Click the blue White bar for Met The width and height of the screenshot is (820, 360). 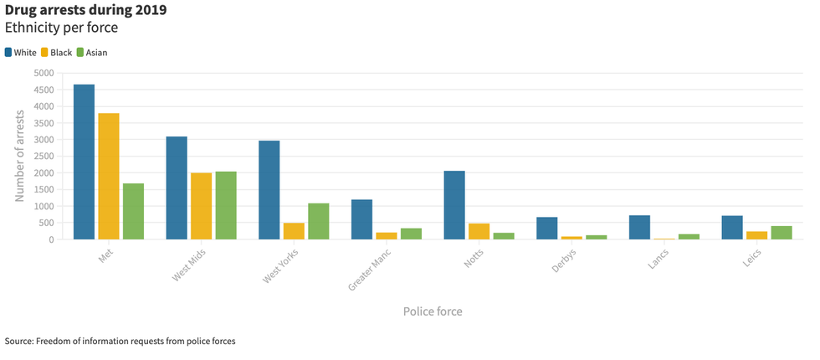tap(84, 162)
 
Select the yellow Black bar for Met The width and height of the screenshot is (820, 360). tap(109, 176)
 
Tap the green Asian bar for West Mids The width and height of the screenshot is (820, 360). tap(226, 205)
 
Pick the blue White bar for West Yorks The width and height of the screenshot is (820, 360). tap(269, 190)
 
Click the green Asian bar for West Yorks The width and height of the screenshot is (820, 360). tap(318, 221)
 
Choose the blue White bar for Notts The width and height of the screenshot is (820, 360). tap(454, 205)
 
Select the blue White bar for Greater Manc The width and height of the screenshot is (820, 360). tap(361, 219)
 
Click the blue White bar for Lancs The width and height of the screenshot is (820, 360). tap(639, 227)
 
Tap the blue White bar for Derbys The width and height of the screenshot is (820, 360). tap(546, 228)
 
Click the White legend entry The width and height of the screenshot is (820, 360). tap(20, 52)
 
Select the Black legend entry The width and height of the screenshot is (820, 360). tap(55, 52)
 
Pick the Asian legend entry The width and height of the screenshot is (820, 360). tap(91, 52)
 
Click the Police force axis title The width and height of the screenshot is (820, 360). tap(433, 311)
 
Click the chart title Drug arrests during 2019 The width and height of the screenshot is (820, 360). tap(85, 11)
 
